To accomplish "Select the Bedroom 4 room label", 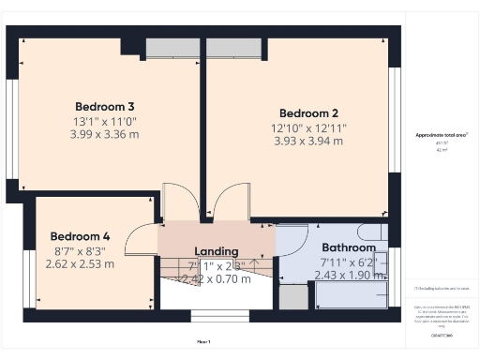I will tap(80, 236).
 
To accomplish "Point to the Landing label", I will tap(217, 251).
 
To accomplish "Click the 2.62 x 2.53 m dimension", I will tap(80, 263).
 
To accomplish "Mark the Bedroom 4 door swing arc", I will tap(141, 241).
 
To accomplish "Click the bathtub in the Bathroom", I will tap(352, 294).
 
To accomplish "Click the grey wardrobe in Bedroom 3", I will tap(172, 48).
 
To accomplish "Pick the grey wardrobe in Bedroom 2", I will tap(233, 48).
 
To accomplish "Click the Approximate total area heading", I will tap(442, 135).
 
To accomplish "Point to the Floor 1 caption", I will tap(203, 341).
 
